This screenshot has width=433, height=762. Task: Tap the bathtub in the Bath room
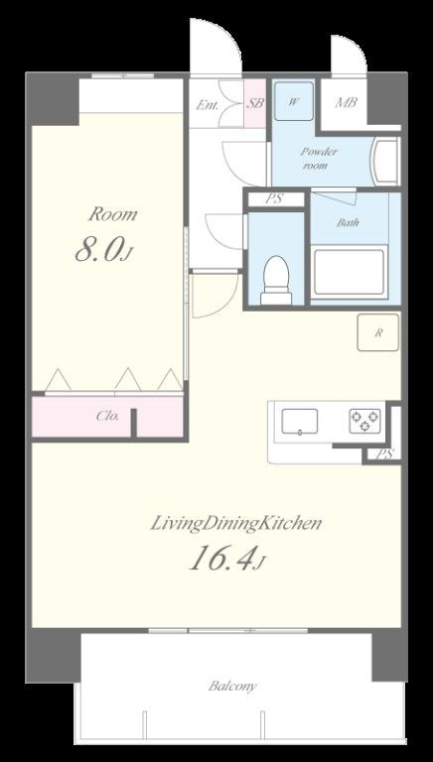tap(350, 272)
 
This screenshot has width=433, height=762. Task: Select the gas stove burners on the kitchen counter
tap(364, 422)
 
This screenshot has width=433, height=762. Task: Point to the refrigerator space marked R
tap(378, 332)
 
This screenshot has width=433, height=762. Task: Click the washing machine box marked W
tap(293, 101)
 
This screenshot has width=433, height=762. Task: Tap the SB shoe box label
tap(255, 103)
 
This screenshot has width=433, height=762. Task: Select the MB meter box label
tap(346, 102)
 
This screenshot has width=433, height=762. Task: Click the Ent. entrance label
tap(208, 104)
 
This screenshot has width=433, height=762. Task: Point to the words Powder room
tap(319, 158)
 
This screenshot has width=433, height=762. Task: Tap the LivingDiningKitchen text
tap(236, 524)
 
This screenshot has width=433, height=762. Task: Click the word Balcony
tap(232, 687)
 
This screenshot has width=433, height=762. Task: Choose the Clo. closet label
tap(107, 416)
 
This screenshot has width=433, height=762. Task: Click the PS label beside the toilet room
tap(275, 199)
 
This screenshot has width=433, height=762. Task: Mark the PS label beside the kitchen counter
tap(385, 454)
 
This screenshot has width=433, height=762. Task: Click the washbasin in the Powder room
tap(385, 162)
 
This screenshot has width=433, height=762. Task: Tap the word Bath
tap(348, 223)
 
